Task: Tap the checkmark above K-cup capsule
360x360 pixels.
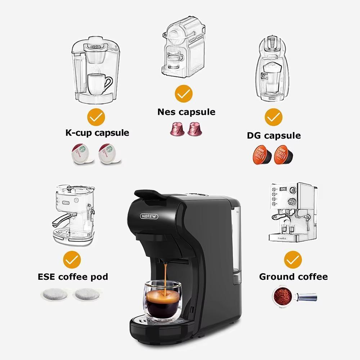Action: pos(96,117)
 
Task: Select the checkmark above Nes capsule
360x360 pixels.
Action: pos(184,94)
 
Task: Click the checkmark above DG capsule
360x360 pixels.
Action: pos(274,117)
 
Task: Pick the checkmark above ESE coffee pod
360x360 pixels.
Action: pos(72,259)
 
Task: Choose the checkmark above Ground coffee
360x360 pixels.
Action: pos(293,259)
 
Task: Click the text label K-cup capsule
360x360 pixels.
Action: pos(97,132)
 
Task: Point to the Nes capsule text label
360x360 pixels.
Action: pos(186,112)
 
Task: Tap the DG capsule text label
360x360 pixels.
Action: pos(274,135)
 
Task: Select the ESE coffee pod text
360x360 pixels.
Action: pos(73,277)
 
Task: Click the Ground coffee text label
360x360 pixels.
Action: pos(293,277)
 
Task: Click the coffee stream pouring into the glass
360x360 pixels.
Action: pos(165,275)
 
